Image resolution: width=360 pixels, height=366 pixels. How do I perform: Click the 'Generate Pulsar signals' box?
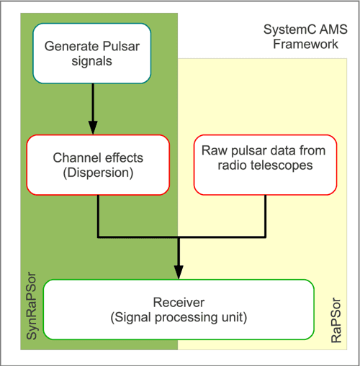coord(92,53)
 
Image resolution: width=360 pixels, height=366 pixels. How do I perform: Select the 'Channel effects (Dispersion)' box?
coord(98,165)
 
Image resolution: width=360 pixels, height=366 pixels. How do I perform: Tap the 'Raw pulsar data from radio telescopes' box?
coord(265,165)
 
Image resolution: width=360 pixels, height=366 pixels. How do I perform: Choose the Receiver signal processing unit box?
coord(179,309)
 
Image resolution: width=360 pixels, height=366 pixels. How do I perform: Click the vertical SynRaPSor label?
coord(32,306)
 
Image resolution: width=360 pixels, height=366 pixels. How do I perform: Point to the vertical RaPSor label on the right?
coord(336,320)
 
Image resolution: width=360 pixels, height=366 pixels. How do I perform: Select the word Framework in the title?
coord(305,44)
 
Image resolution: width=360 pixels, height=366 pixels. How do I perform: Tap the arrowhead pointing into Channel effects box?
coord(93,128)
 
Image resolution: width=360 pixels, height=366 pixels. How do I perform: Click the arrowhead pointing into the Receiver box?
coord(179,273)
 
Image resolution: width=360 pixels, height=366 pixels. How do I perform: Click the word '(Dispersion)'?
coord(98,173)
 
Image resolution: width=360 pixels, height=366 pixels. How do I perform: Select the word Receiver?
coord(179,302)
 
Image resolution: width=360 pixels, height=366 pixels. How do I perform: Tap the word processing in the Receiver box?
coord(186,318)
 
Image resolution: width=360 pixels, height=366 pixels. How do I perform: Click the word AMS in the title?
coord(333,29)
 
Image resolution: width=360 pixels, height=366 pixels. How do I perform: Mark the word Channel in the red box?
coord(77,157)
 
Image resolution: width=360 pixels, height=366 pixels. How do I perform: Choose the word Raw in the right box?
coord(215,150)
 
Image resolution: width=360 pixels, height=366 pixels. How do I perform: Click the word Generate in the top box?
coord(72,46)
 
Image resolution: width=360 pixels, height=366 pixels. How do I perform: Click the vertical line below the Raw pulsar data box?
coord(265,216)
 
